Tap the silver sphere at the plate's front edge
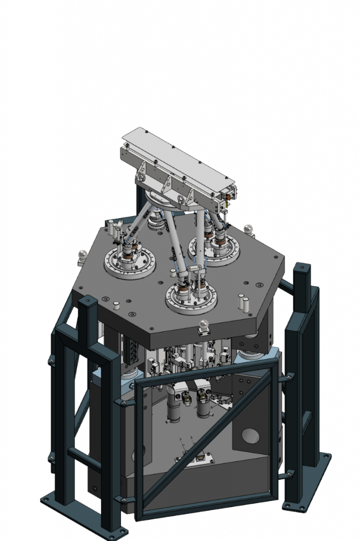point(205,324)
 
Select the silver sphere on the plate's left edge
point(81,255)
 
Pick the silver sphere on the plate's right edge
point(248,229)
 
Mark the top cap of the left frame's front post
point(87,302)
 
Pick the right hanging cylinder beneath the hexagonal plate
point(204,404)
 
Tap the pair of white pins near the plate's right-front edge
point(243,302)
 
